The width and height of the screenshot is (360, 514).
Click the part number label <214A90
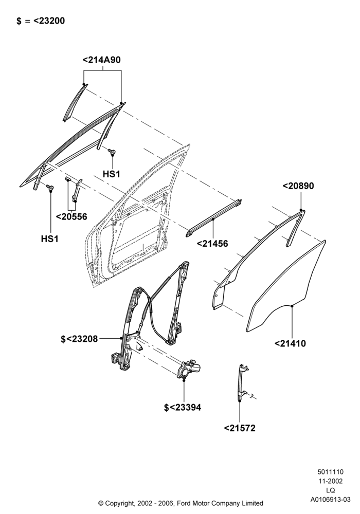102,60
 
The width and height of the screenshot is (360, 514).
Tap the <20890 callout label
298,186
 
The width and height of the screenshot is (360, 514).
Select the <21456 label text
212,244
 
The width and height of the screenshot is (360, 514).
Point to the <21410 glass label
290,343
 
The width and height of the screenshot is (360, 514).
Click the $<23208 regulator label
79,339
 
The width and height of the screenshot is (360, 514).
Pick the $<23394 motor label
183,408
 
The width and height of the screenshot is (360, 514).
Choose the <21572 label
240,428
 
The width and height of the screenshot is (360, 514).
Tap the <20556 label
71,217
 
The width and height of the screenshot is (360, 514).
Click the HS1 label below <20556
50,239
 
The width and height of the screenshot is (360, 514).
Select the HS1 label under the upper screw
112,174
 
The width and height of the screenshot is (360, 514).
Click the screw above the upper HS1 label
112,151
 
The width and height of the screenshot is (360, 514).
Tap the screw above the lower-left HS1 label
50,188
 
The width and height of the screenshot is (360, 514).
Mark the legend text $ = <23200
41,21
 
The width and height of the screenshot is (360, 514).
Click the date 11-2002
330,481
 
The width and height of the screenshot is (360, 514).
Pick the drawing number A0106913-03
331,500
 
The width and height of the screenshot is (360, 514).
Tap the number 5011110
330,472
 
